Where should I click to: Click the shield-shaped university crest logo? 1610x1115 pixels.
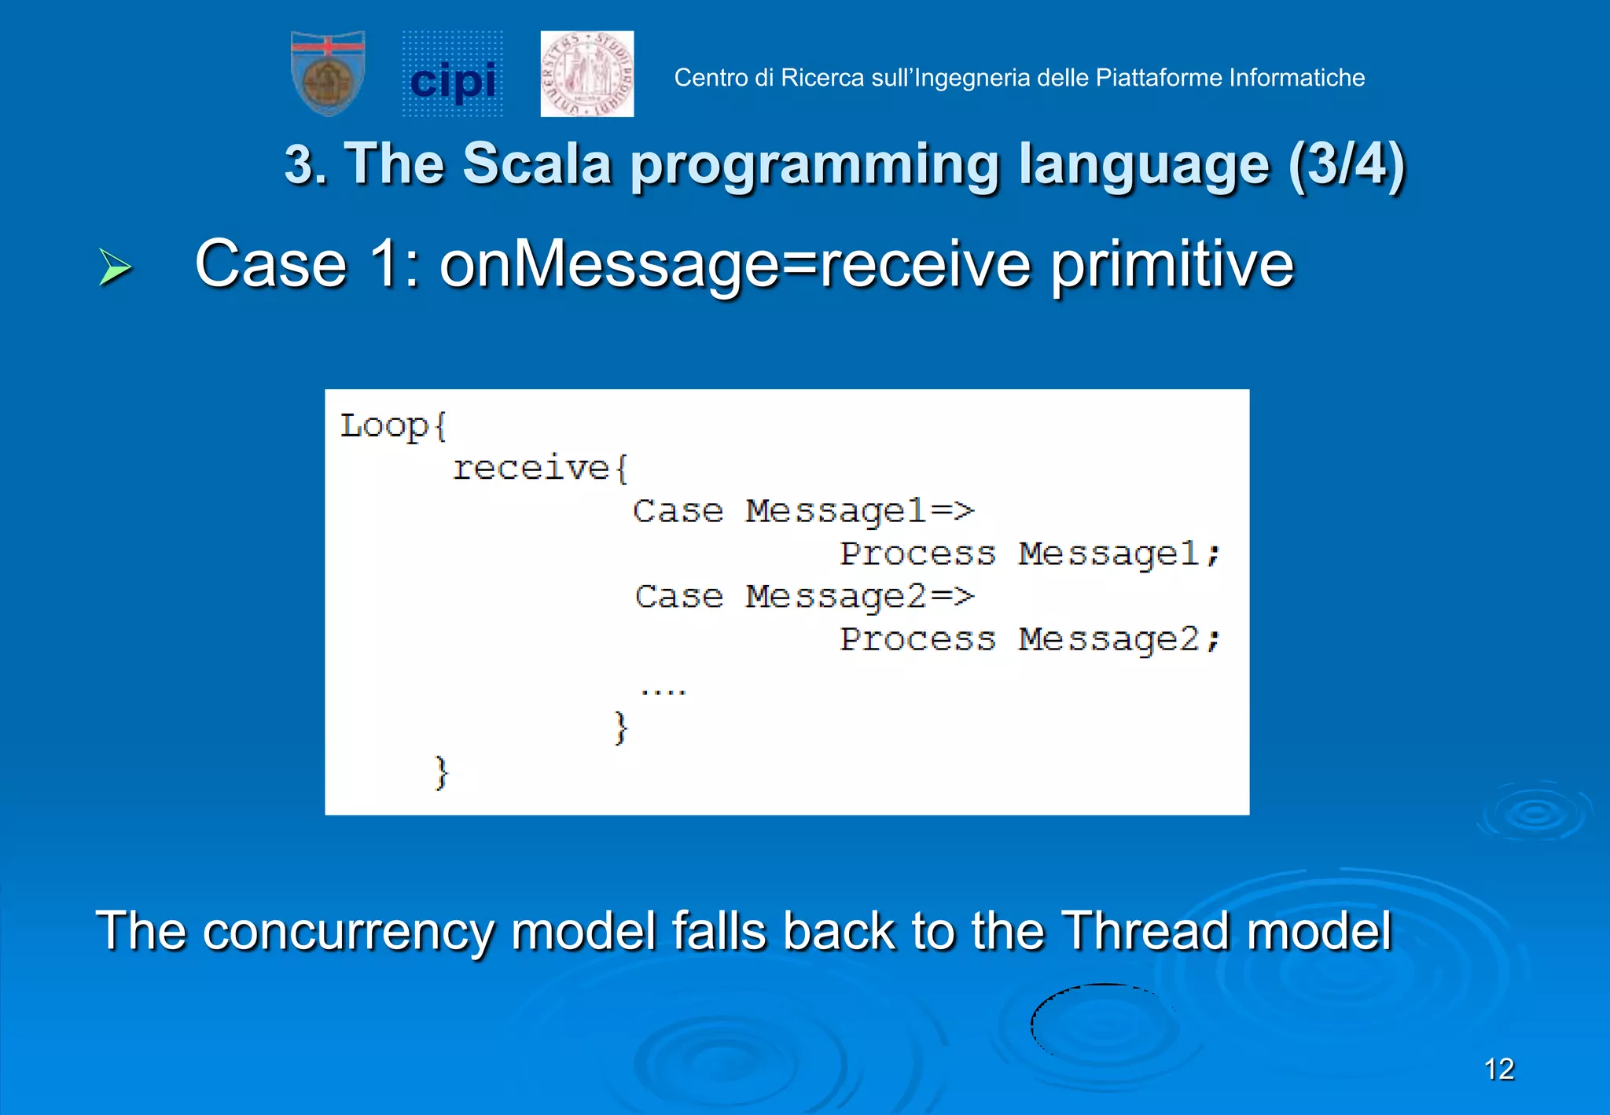(x=328, y=73)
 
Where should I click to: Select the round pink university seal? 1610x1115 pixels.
(x=586, y=74)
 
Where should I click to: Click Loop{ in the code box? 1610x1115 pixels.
(x=393, y=426)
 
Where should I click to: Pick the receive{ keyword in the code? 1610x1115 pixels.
(x=540, y=469)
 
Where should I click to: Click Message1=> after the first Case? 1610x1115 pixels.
(x=859, y=512)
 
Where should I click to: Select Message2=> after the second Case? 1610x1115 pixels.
(x=859, y=597)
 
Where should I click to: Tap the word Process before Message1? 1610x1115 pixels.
(x=917, y=554)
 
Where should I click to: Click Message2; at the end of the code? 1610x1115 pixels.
(x=1119, y=639)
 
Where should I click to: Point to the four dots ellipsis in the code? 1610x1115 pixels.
(x=663, y=691)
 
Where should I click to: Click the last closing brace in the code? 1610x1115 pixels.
(x=441, y=772)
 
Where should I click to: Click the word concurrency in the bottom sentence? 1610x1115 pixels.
(x=348, y=931)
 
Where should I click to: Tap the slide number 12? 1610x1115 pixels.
(x=1498, y=1069)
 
